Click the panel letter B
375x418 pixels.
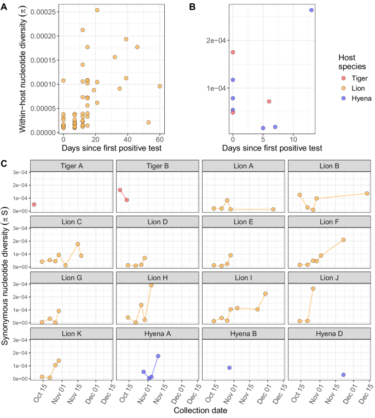[x=192, y=6]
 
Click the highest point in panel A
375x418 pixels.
[x=97, y=10]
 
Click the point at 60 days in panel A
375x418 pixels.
[x=160, y=86]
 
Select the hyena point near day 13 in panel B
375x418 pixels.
[x=311, y=10]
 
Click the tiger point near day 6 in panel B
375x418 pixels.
[x=269, y=101]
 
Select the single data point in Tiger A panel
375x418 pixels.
[x=34, y=204]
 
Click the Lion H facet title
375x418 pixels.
[x=158, y=277]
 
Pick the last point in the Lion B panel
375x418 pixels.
[x=367, y=193]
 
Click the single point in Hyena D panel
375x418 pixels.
[x=343, y=375]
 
